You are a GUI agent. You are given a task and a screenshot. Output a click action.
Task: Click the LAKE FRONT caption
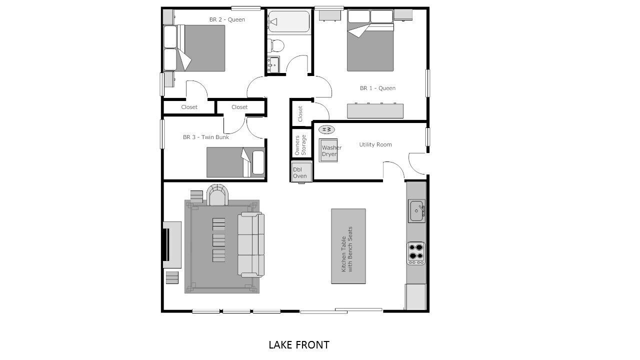[299, 345]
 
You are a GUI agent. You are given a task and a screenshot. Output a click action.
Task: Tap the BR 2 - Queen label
[227, 19]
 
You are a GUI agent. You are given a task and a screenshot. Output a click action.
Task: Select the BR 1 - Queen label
[377, 88]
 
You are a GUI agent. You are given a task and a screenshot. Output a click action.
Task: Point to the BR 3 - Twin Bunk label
[205, 137]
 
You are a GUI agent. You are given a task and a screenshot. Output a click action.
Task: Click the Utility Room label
[375, 144]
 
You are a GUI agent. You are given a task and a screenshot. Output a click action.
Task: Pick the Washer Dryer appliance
[328, 150]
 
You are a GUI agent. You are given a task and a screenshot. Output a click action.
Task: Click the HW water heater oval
[326, 129]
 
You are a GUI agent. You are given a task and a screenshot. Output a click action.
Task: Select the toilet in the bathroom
[276, 45]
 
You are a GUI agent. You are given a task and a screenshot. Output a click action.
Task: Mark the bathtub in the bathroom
[289, 21]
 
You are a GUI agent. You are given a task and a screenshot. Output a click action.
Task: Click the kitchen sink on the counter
[417, 211]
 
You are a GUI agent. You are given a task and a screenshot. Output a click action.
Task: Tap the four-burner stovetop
[416, 253]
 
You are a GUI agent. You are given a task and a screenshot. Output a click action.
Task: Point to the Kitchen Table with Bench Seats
[348, 246]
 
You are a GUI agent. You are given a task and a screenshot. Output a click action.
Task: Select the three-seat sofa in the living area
[251, 244]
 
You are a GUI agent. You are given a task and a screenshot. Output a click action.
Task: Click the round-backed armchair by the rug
[217, 195]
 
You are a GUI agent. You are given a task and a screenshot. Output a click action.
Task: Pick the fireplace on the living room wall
[172, 245]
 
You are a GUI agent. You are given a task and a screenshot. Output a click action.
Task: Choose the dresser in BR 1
[375, 111]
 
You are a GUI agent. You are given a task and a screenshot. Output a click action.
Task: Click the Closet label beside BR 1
[300, 113]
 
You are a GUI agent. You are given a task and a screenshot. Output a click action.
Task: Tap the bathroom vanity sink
[273, 64]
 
